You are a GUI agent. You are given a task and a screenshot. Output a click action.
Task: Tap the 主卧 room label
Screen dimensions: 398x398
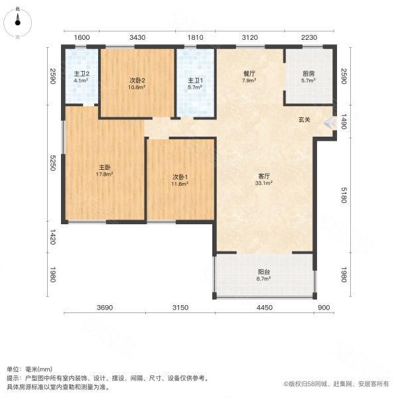(x=103, y=168)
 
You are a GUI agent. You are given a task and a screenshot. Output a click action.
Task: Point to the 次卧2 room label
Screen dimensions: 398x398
(x=137, y=81)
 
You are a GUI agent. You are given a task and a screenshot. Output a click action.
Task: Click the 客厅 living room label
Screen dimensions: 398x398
(x=263, y=176)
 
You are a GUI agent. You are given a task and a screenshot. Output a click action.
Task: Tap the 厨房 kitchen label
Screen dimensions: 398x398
(x=308, y=74)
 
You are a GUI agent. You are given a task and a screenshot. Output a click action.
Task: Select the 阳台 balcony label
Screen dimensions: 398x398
(x=264, y=272)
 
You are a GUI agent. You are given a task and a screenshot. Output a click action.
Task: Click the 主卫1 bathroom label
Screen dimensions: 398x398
(x=194, y=81)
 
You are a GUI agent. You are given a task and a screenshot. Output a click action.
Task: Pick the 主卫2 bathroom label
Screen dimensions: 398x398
(x=81, y=74)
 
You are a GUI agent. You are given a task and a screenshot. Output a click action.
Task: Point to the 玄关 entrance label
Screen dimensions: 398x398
(x=304, y=120)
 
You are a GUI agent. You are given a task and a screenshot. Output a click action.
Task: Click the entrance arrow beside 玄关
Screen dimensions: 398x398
(x=328, y=123)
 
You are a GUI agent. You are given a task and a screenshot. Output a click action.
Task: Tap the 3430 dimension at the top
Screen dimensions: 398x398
(x=137, y=37)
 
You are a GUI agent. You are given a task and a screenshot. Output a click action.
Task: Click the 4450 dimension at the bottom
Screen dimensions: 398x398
(x=264, y=307)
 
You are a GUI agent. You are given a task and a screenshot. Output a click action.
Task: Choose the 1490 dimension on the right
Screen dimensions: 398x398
(x=344, y=121)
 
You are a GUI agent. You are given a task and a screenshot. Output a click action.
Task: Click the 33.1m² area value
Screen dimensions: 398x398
(x=263, y=184)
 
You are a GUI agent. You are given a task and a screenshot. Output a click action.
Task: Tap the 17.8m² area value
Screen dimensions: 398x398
(x=103, y=175)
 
